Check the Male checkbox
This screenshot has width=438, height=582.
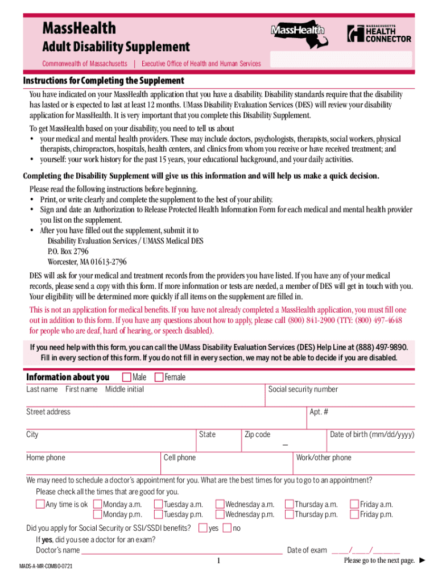pos(126,377)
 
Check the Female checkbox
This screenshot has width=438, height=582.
pos(159,377)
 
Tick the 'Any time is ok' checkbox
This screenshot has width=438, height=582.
pos(40,504)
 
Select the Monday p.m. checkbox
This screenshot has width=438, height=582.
pos(98,514)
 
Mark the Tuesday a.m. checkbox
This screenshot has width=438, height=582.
pos(158,504)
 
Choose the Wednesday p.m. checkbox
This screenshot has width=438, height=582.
pos(220,514)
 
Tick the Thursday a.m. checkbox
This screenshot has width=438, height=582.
pos(289,504)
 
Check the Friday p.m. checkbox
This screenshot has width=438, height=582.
pos(354,514)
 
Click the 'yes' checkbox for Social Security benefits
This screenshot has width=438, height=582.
pos(203,528)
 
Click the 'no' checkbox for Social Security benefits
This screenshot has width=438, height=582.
pos(227,528)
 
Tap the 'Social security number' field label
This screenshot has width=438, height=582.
pos(303,389)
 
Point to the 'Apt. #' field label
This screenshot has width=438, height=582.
pos(319,412)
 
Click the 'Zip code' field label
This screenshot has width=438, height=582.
pos(257,435)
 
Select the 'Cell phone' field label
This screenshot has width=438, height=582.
pos(179,458)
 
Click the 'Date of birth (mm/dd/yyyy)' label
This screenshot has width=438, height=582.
pos(372,435)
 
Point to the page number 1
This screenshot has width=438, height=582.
pos(218,562)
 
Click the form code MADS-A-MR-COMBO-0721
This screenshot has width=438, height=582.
pos(46,567)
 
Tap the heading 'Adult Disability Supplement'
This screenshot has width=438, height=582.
pos(115,47)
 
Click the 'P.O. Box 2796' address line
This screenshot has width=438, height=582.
pos(68,251)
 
